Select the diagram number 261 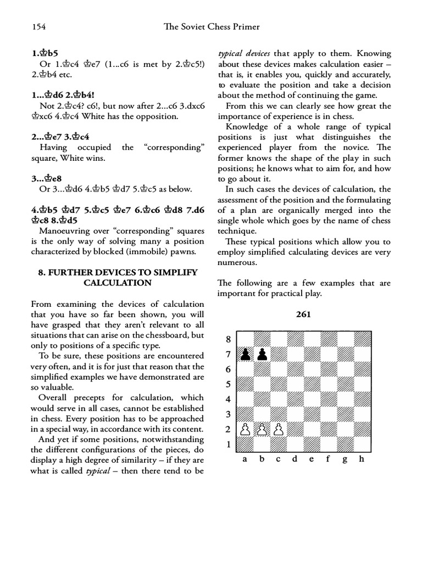[303, 314]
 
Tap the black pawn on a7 [246, 355]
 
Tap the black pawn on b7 [263, 355]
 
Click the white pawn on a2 [246, 429]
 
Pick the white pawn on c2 [279, 429]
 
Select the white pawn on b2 [263, 429]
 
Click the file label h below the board [361, 459]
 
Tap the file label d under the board [295, 459]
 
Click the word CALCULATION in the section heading [118, 283]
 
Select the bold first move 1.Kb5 [45, 54]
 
